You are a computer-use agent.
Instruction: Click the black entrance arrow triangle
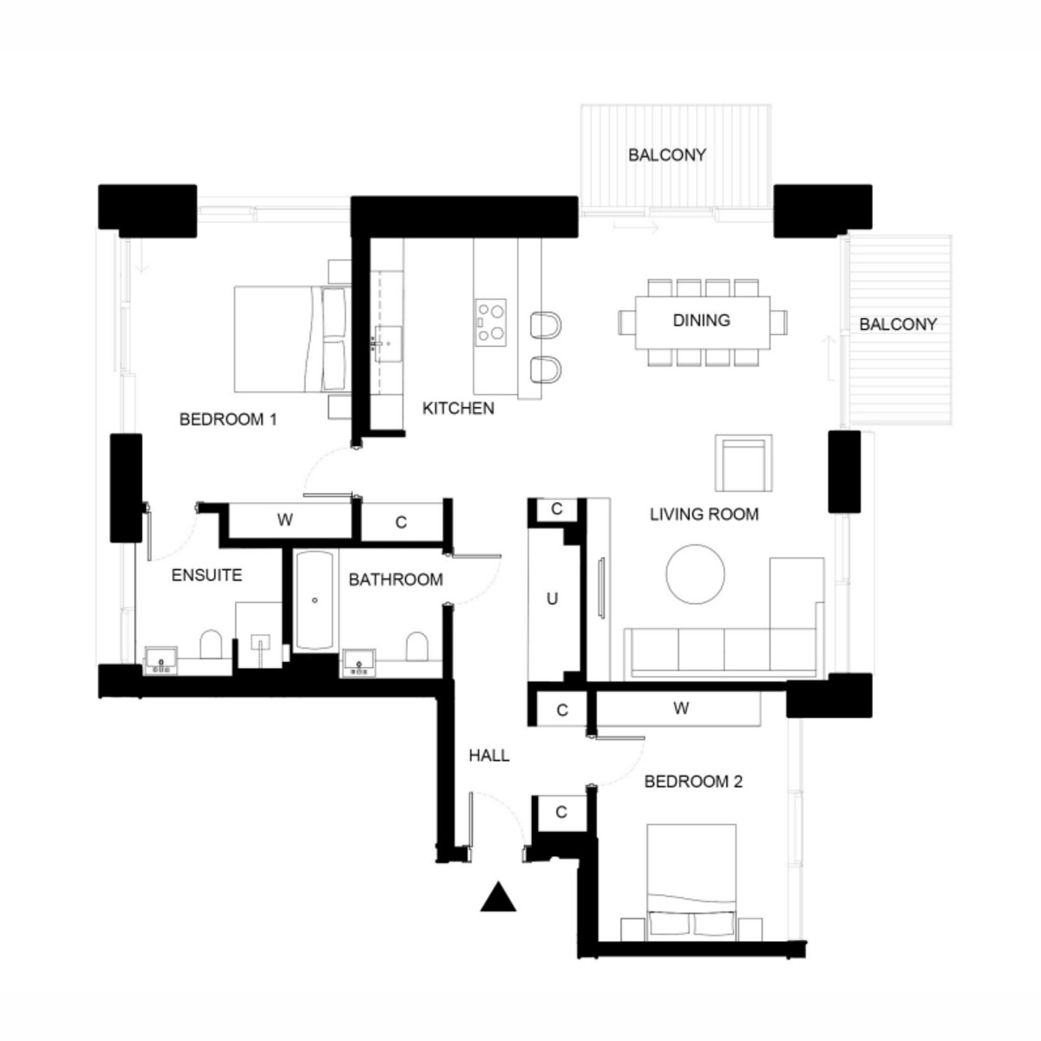498,897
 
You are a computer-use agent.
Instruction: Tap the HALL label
489,756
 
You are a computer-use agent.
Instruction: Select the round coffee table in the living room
695,574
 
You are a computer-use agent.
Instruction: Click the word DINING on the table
701,320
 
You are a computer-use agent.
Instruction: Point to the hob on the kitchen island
491,323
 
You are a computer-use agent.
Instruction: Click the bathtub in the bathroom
314,599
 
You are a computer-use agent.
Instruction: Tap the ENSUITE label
206,575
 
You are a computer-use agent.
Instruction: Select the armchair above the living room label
743,463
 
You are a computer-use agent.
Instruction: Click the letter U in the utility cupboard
552,599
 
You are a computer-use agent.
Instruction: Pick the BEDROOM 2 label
693,781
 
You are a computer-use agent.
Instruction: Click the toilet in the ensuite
211,644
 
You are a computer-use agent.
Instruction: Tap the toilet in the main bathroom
416,646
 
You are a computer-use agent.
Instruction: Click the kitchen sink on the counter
389,344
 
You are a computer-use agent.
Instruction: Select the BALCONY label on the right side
898,324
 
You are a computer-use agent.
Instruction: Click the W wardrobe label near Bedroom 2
681,708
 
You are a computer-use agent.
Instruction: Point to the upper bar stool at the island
546,324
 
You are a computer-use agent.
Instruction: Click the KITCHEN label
458,409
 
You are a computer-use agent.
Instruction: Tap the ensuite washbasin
160,660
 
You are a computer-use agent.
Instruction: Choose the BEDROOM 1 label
228,419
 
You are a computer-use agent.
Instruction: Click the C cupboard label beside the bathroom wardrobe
400,522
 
